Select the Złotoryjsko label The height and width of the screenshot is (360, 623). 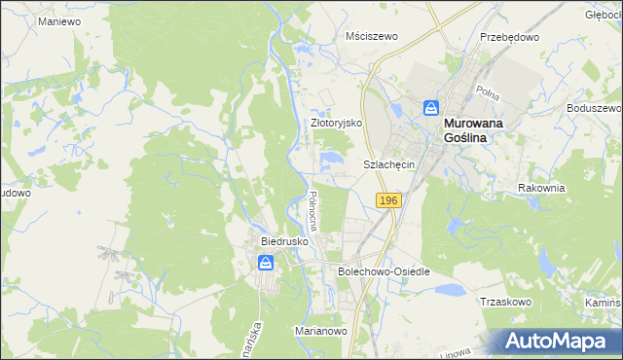coord(336,124)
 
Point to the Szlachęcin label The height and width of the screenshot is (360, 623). coord(389,165)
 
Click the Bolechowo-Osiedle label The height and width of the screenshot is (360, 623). coord(384,271)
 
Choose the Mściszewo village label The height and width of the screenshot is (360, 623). coord(373,36)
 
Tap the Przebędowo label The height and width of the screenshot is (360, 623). coord(509,36)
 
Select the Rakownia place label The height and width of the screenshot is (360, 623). coord(542,187)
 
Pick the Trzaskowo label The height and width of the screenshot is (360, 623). coord(505,302)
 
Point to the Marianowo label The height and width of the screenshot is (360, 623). coord(321,331)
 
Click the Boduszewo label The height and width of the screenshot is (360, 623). coord(594,108)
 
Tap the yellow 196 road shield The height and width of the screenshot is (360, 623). coord(388,199)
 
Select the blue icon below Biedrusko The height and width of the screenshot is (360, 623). coord(265,262)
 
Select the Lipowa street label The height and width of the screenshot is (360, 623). coord(479,346)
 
